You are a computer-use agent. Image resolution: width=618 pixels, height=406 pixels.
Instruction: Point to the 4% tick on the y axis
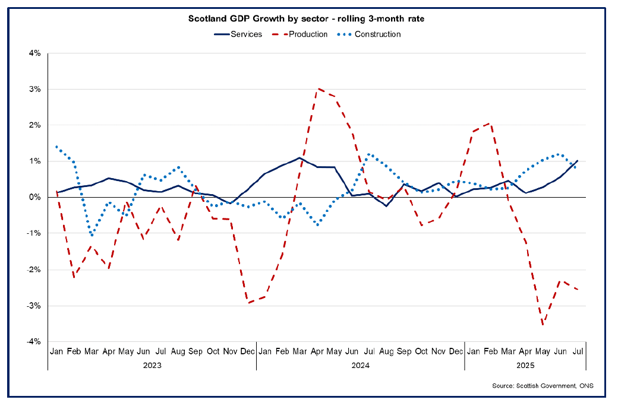34,53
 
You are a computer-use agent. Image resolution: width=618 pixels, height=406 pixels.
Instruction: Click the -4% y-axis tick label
33,342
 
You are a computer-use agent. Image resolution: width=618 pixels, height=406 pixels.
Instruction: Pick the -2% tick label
33,269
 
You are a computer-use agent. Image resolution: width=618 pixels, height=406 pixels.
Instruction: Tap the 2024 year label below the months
361,366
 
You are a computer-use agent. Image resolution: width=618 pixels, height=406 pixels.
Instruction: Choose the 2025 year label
525,366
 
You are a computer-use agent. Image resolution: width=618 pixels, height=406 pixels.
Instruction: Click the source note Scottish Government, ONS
543,386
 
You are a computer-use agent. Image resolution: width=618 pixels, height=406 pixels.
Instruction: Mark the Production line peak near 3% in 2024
319,88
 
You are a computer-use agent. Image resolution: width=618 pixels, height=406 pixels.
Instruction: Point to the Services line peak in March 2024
299,158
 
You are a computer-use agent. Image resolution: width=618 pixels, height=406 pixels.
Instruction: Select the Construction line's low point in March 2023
92,236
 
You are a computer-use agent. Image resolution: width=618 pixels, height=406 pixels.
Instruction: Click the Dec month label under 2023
247,351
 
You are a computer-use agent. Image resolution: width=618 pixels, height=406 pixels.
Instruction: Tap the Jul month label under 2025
577,351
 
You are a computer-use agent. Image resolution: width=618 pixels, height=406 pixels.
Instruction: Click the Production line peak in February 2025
490,123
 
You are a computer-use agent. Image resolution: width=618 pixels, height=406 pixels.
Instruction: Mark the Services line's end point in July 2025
578,160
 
